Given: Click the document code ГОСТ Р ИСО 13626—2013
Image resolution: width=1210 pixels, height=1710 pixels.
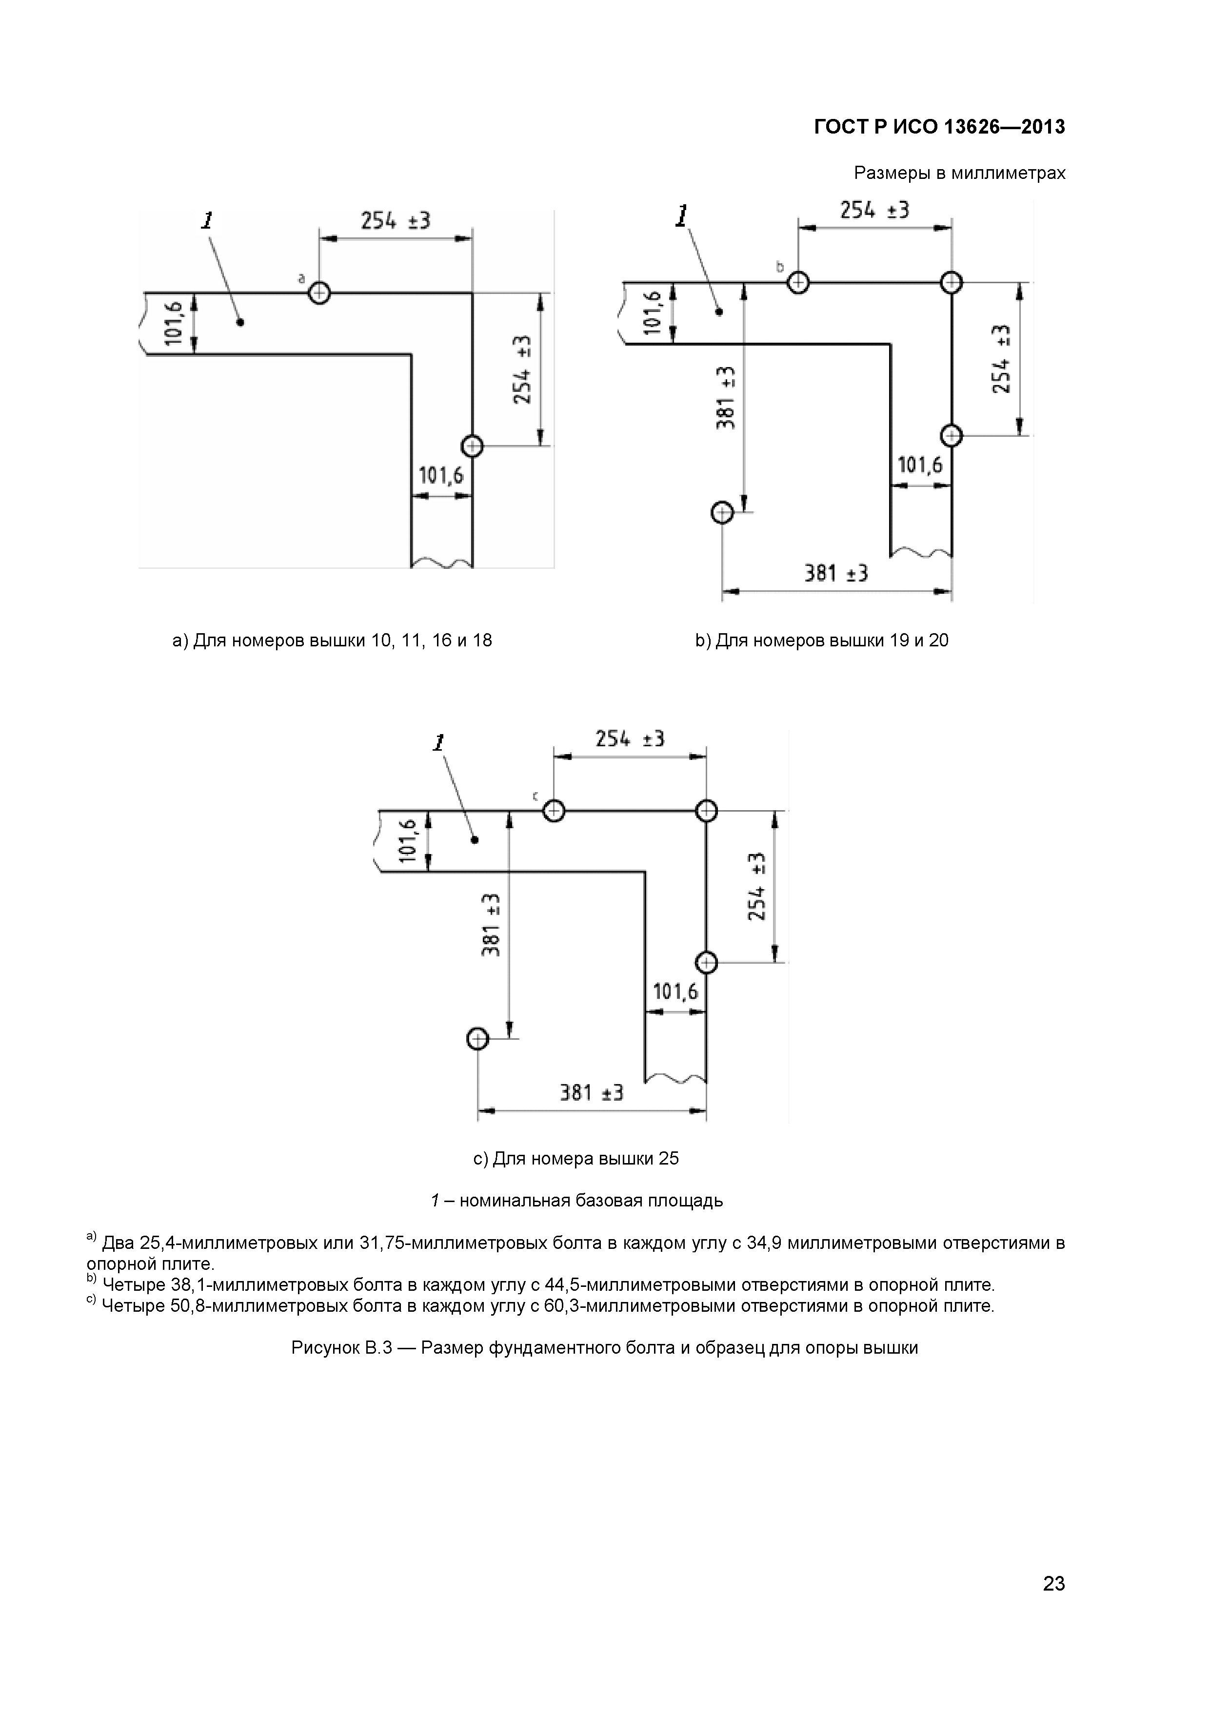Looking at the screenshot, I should coord(939,127).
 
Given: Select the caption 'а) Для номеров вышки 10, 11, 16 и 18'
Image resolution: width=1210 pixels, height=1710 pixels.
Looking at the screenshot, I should coord(332,641).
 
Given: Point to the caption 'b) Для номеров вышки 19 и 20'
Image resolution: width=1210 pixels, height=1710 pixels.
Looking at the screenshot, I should coord(822,641).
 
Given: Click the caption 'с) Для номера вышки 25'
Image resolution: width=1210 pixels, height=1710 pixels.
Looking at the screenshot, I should coord(576,1159).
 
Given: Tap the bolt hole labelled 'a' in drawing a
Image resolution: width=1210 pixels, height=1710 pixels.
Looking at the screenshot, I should coord(319,292).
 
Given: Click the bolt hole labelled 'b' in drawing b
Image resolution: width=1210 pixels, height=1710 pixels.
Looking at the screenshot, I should coord(798,282).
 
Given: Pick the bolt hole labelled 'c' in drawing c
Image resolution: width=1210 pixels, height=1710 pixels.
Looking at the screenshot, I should coord(553,810).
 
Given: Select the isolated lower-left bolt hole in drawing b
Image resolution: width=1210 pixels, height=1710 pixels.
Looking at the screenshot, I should coord(722,512).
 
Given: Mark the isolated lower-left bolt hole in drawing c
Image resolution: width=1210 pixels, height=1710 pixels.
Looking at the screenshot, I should coord(477,1038).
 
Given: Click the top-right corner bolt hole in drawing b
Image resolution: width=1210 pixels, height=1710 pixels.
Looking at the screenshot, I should coord(952,282).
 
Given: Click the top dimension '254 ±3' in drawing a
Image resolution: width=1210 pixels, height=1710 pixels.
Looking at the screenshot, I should coord(396,220).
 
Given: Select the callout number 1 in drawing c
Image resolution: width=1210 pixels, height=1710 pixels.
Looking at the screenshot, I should coord(439,742).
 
